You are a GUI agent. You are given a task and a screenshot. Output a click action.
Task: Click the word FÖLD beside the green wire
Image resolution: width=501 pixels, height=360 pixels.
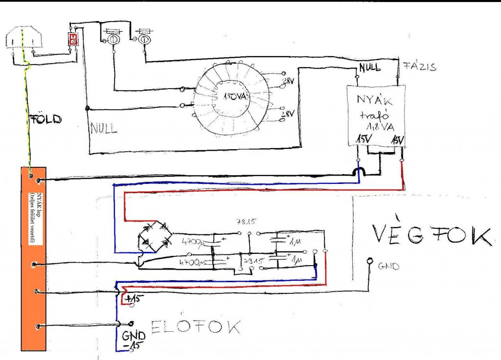pyautogui.click(x=46, y=118)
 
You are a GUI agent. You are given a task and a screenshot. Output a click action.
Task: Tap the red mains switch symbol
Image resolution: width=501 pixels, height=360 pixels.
pyautogui.click(x=72, y=40)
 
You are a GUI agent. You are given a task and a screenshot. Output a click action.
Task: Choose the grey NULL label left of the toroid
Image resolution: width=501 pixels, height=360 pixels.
pyautogui.click(x=103, y=129)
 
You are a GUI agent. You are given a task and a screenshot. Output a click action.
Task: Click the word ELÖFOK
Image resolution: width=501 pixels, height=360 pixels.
pyautogui.click(x=196, y=327)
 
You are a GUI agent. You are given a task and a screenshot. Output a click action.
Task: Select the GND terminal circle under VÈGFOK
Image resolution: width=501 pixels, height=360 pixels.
pyautogui.click(x=370, y=262)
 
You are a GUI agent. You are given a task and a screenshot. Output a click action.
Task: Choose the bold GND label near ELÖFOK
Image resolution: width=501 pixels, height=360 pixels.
pyautogui.click(x=134, y=337)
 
